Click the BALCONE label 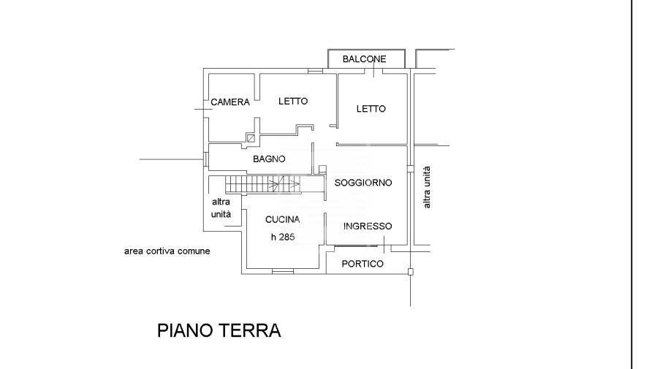tap(364, 59)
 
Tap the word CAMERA tap(230, 102)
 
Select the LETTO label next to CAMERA tap(292, 102)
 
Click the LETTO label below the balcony tap(371, 109)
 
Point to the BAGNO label tap(269, 159)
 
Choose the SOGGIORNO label tap(363, 183)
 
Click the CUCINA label tap(282, 219)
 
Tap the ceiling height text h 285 tap(282, 236)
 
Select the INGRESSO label tap(368, 227)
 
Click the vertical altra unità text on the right tap(427, 186)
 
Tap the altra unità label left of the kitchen tap(221, 208)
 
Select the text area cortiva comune tap(167, 251)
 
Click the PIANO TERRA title tap(219, 330)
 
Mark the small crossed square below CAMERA tap(251, 137)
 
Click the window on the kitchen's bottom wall tap(283, 273)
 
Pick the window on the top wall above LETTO tap(315, 71)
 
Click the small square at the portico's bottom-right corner tap(410, 273)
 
